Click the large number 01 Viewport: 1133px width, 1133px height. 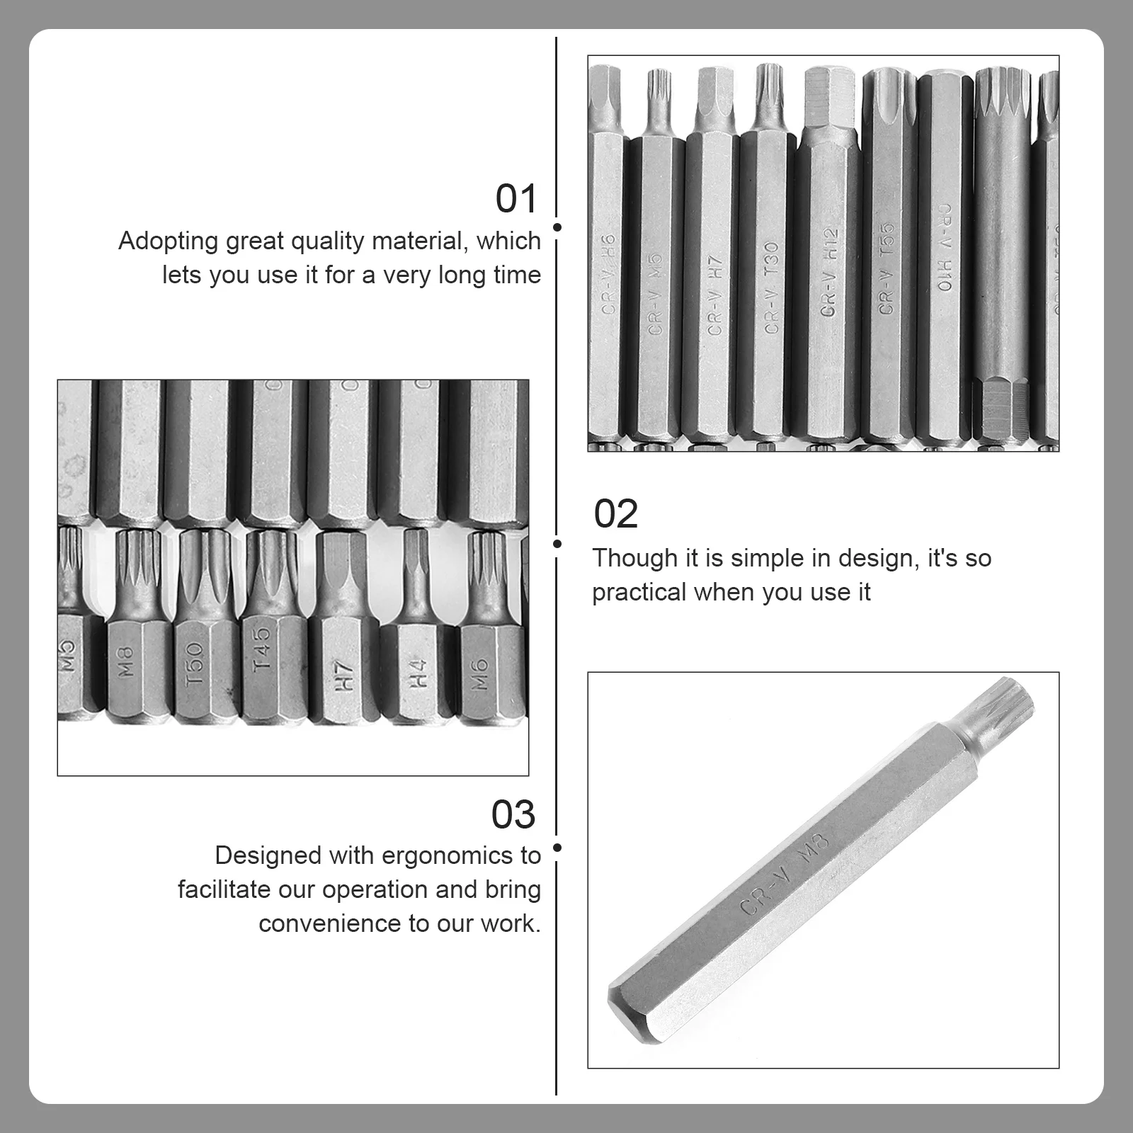516,198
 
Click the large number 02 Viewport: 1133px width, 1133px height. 615,514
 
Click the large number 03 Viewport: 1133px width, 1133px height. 513,814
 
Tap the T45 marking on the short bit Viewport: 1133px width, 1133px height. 261,649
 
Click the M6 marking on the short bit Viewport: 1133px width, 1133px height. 479,673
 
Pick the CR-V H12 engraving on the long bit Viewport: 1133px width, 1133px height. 829,273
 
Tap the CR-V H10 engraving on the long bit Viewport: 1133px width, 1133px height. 944,248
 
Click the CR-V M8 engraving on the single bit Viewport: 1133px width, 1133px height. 785,873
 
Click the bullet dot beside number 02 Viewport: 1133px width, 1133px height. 557,543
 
